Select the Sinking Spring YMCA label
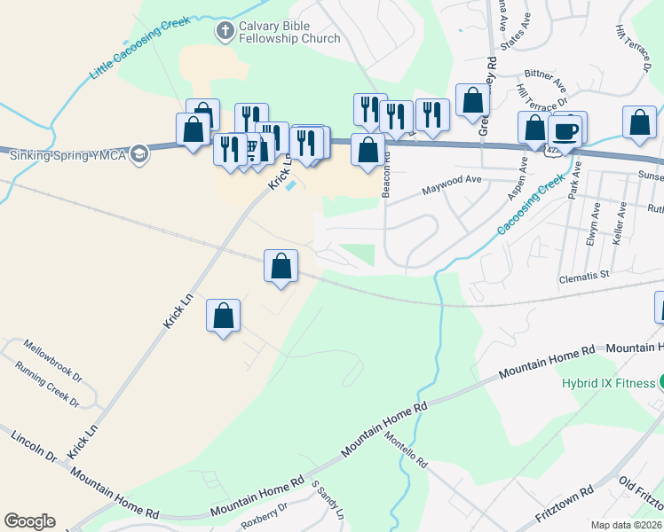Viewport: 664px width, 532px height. coord(67,155)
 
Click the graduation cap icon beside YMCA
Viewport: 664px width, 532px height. coord(138,155)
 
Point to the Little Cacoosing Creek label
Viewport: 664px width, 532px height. coord(139,48)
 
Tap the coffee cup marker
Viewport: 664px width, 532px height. coord(565,131)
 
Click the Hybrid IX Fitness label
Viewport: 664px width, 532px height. coord(607,384)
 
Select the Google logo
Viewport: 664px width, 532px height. coord(29,521)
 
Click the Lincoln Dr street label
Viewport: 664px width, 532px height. coord(34,448)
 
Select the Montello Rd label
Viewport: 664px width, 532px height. coord(405,450)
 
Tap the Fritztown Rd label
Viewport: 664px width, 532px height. coord(562,501)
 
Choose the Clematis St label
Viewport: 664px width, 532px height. coord(582,276)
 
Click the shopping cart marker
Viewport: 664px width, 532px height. coord(251,150)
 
